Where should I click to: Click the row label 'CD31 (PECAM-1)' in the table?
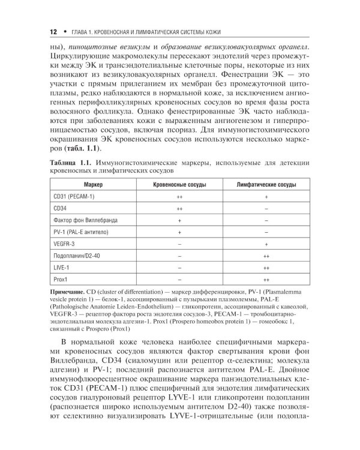click(x=70, y=196)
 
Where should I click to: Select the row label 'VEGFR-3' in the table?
click(x=62, y=244)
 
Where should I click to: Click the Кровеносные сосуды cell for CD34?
click(x=179, y=208)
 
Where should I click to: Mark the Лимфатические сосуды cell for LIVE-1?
click(x=266, y=268)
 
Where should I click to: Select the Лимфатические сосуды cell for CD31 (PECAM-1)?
click(x=266, y=196)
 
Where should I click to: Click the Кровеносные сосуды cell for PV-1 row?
click(x=179, y=232)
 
